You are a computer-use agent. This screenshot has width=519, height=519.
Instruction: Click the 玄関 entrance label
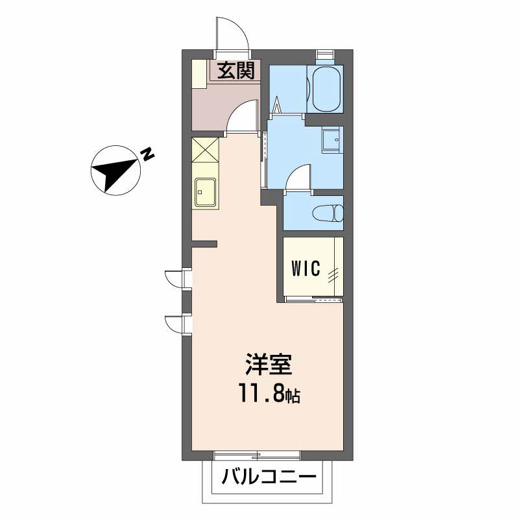(236, 71)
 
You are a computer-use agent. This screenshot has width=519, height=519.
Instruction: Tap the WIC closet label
(306, 268)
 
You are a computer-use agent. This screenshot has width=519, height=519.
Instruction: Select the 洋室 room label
(269, 365)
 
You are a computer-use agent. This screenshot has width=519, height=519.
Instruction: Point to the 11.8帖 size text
(269, 394)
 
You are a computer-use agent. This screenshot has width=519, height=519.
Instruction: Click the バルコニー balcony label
(269, 477)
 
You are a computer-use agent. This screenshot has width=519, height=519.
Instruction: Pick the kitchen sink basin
(206, 192)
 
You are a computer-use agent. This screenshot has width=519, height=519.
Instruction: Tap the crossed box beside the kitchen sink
(205, 151)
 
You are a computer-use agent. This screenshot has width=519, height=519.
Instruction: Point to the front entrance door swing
(231, 34)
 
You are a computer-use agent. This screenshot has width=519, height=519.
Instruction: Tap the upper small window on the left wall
(178, 280)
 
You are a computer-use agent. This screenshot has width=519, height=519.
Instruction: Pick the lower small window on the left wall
(178, 325)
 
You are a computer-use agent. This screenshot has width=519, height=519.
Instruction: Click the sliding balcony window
(257, 457)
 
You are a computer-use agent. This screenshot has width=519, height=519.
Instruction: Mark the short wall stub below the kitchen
(204, 244)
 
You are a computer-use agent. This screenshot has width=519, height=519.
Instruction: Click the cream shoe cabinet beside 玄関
(200, 74)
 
